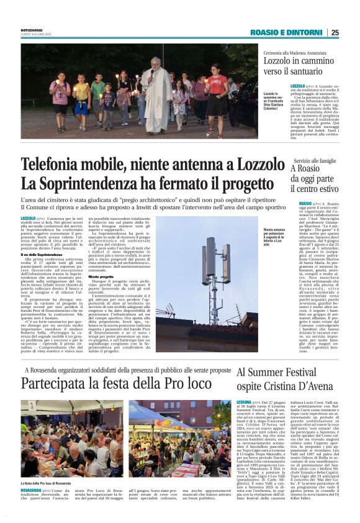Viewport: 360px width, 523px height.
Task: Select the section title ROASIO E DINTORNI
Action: [287, 32]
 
